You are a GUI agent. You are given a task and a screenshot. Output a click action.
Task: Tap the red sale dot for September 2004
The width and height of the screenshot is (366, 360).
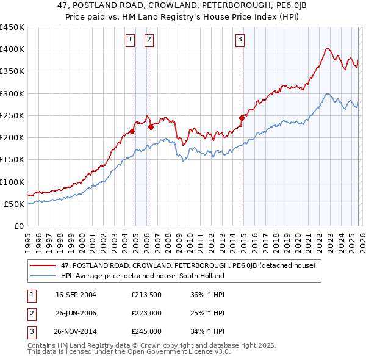click(x=132, y=131)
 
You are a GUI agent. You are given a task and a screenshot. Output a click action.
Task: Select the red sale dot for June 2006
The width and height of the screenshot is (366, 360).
click(x=151, y=127)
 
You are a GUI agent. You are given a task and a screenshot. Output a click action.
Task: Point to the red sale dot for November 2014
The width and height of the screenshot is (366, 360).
click(x=242, y=117)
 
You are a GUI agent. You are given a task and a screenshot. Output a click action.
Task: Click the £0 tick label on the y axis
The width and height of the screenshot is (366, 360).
click(x=19, y=226)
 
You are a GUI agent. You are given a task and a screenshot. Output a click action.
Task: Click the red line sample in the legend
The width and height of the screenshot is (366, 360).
click(x=43, y=265)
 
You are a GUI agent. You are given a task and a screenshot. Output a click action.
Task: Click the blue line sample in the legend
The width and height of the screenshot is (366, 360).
click(x=43, y=276)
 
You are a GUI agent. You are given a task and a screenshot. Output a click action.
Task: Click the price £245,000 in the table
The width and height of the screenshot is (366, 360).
click(x=146, y=331)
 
